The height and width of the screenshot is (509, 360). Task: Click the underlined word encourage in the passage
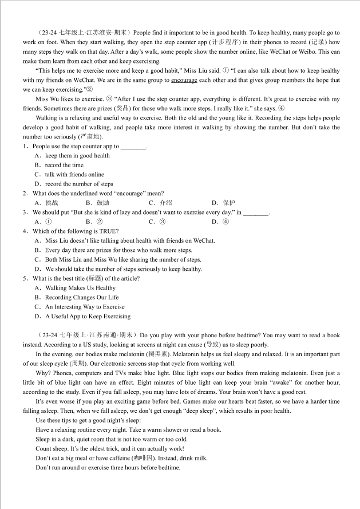(x=184, y=80)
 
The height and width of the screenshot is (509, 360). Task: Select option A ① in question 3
(x=48, y=222)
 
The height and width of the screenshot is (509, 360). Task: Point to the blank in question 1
(x=134, y=147)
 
